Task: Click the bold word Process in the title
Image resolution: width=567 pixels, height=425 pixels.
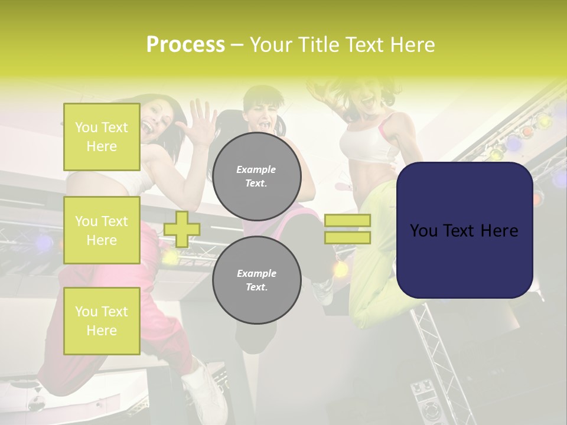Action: coord(185,45)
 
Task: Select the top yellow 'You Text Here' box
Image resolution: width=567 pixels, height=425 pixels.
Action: coord(102,137)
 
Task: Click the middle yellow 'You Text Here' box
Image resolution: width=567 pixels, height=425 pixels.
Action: coord(102,230)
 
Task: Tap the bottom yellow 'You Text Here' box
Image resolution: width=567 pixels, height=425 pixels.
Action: coord(102,321)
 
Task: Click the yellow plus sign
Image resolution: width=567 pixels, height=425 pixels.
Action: coord(181,229)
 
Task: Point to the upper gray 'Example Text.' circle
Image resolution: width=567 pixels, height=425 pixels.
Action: coord(256,176)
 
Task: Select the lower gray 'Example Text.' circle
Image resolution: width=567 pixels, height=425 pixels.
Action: coord(256,280)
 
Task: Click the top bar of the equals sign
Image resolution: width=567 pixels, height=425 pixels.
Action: coord(347,221)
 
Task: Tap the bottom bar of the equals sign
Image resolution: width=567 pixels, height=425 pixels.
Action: coord(347,237)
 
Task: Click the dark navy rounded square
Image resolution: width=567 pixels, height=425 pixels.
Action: coord(464,230)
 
